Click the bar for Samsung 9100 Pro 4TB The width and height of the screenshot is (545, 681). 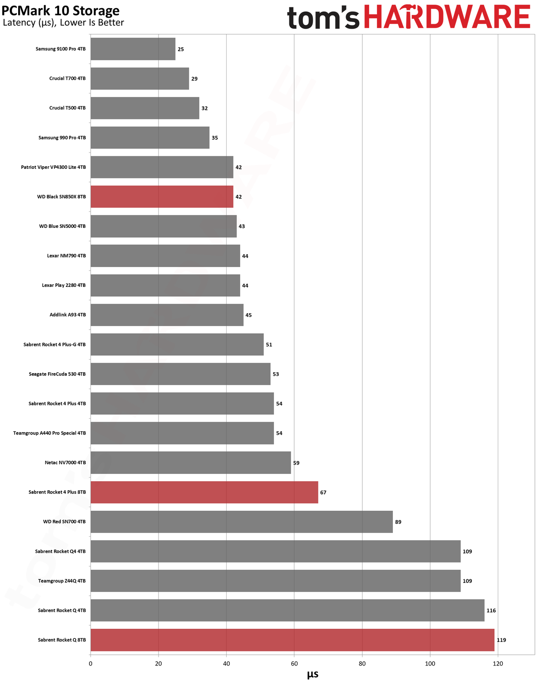pos(133,49)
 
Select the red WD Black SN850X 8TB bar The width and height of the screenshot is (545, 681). pos(162,197)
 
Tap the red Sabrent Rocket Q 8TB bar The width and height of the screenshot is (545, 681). pos(292,640)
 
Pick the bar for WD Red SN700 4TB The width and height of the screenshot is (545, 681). pos(242,522)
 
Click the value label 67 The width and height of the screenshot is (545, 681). pos(323,493)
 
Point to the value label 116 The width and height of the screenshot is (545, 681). pos(491,611)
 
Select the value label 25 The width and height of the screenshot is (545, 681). pos(180,49)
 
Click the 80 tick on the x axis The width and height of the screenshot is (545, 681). pos(362,664)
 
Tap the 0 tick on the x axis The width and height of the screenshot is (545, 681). pos(90,664)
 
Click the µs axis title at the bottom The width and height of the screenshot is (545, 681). pos(312,674)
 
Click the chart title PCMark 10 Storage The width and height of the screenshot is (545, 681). pos(60,10)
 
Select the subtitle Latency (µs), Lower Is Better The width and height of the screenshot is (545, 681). pos(63,22)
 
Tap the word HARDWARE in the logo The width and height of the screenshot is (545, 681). pos(447,16)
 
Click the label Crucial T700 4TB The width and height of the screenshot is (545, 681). pos(67,78)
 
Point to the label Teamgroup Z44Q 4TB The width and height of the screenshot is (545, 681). pos(62,581)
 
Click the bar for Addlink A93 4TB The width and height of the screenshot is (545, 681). pos(167,315)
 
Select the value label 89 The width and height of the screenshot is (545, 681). pos(398,522)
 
